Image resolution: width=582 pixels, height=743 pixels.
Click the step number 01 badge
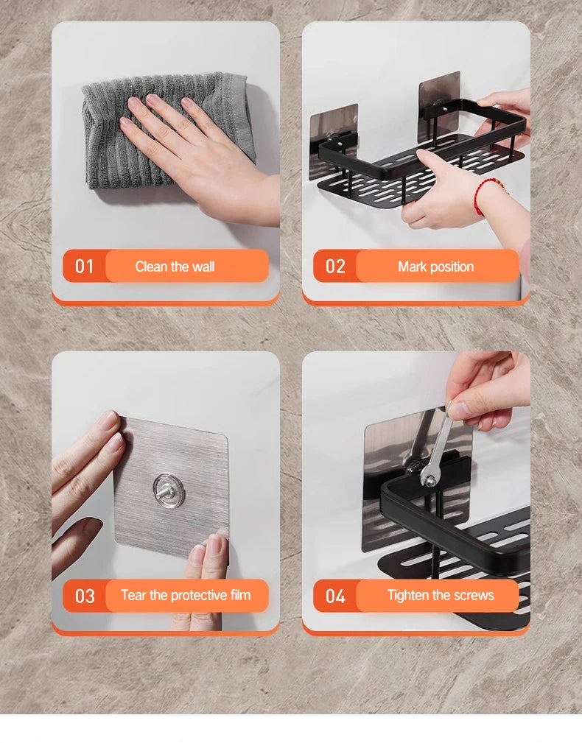(x=85, y=266)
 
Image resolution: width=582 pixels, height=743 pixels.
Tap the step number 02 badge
(x=335, y=266)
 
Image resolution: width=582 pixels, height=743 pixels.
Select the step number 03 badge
(x=85, y=596)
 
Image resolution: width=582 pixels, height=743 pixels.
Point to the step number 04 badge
(x=335, y=596)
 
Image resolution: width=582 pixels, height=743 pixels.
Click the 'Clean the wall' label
(x=175, y=267)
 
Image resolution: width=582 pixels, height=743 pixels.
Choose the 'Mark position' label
(x=435, y=267)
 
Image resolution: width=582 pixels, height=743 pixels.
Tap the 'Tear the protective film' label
(x=186, y=595)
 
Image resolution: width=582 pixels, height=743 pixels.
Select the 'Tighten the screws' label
(x=441, y=595)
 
